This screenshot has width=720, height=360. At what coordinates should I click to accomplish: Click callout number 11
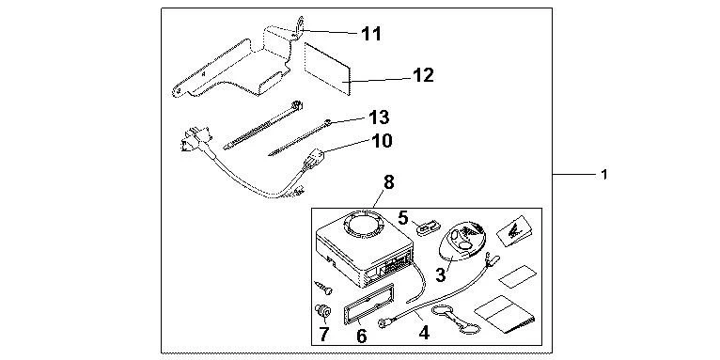coord(371,34)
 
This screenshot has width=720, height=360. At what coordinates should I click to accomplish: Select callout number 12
coord(423,75)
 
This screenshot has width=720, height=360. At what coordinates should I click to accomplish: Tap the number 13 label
coord(379,117)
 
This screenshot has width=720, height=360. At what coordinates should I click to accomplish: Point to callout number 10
coord(382,141)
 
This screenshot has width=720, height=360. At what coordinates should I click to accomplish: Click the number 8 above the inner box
coord(388,182)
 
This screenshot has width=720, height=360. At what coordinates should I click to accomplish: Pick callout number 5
coord(402,217)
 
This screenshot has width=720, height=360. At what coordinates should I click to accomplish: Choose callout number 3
coord(440,275)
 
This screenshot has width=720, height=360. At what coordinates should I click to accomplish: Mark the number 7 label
coord(324,335)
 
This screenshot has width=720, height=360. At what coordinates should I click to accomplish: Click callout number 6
coord(361,337)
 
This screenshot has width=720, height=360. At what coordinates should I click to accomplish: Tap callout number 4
coord(424,333)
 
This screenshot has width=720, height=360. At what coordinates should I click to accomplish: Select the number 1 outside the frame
coord(604,175)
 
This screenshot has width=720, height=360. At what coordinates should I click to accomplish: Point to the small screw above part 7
coord(322,288)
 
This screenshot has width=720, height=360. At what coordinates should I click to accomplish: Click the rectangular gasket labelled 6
coord(368,304)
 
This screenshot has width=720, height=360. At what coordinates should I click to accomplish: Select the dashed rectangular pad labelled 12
coord(327,69)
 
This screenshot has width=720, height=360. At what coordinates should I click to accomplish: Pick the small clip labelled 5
coord(427,227)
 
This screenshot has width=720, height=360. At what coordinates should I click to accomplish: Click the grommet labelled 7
coord(322,312)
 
